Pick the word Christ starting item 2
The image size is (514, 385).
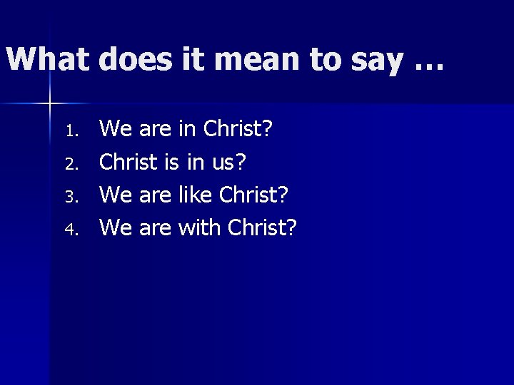click(128, 162)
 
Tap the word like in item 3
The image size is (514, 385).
click(194, 195)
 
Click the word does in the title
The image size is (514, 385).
click(136, 59)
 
